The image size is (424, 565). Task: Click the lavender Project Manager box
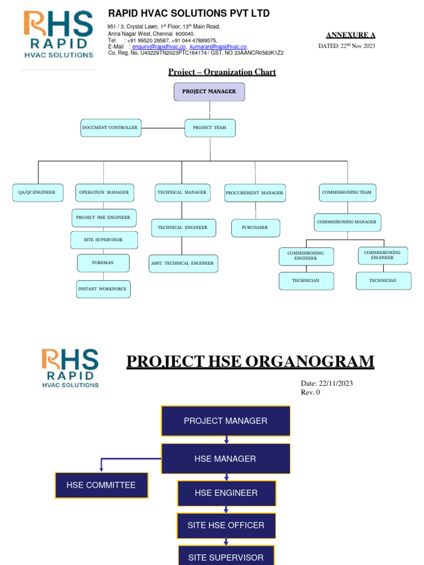pyautogui.click(x=209, y=92)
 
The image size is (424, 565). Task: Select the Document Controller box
pyautogui.click(x=110, y=128)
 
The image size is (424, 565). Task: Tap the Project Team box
pyautogui.click(x=209, y=128)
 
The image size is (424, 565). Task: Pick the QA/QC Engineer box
pyautogui.click(x=38, y=193)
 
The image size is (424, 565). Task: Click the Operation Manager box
pyautogui.click(x=104, y=193)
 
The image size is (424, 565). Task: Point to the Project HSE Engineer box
pyautogui.click(x=104, y=217)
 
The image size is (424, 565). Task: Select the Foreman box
pyautogui.click(x=103, y=263)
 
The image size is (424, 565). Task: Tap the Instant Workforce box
pyautogui.click(x=103, y=289)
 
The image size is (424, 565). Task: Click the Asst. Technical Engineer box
pyautogui.click(x=183, y=264)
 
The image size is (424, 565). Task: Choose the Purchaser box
pyautogui.click(x=255, y=228)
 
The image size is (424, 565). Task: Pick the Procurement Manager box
pyautogui.click(x=255, y=193)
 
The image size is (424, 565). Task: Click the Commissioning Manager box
pyautogui.click(x=347, y=222)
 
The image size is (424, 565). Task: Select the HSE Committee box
pyautogui.click(x=101, y=486)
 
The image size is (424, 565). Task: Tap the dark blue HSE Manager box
pyautogui.click(x=225, y=459)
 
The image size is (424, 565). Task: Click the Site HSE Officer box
pyautogui.click(x=226, y=525)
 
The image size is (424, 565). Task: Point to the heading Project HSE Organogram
pyautogui.click(x=250, y=362)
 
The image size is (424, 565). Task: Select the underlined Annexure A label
pyautogui.click(x=351, y=35)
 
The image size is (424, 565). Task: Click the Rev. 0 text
pyautogui.click(x=310, y=392)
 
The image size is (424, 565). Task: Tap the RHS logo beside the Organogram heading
pyautogui.click(x=70, y=367)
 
